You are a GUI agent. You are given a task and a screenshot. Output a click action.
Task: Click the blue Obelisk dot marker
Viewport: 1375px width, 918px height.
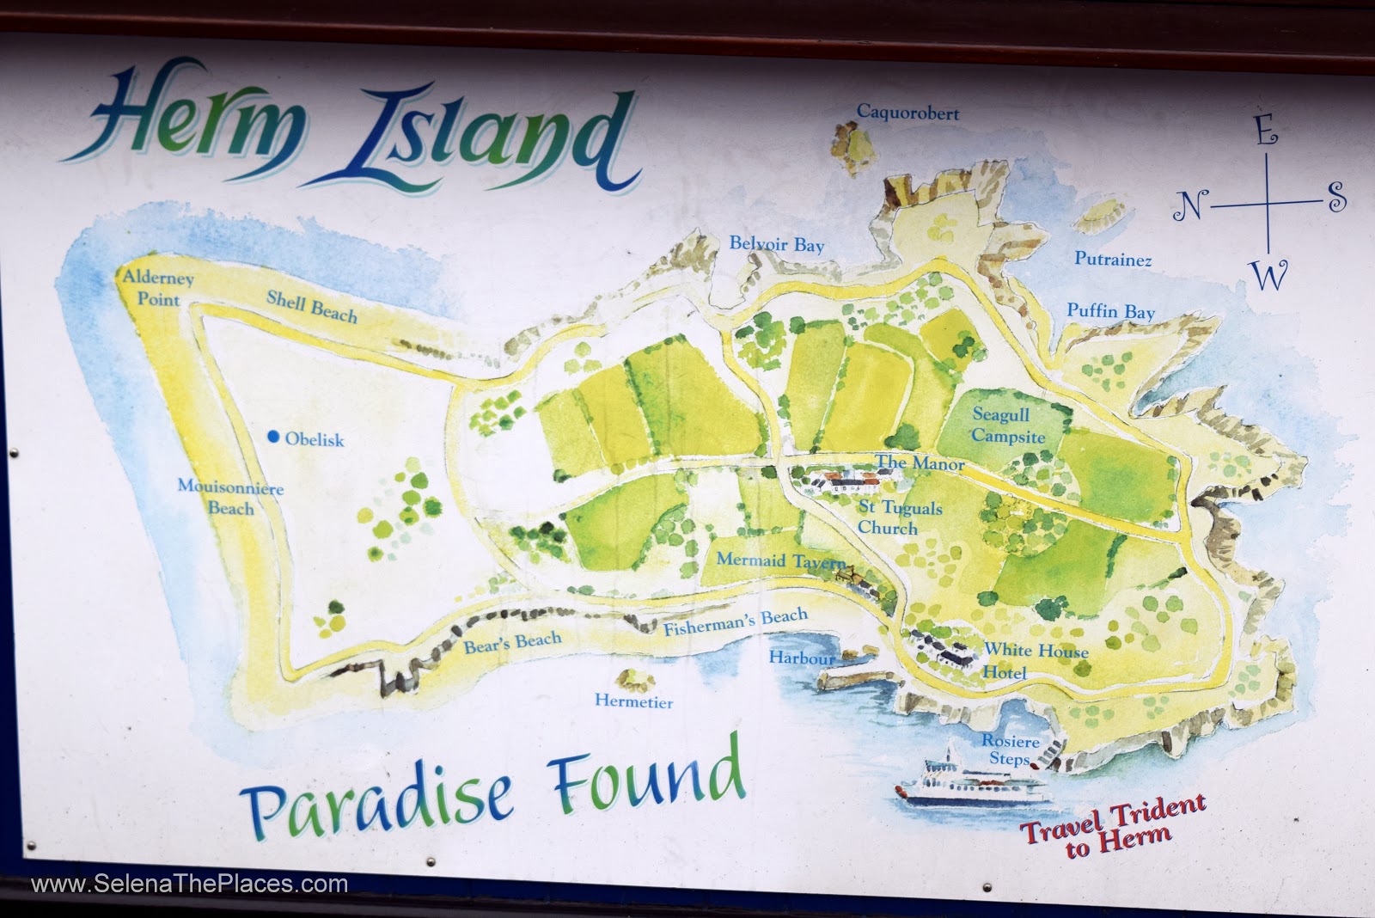273,438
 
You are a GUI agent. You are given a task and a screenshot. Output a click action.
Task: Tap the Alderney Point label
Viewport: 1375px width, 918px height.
158,289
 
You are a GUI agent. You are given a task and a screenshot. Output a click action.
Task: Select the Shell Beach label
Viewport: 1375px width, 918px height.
311,306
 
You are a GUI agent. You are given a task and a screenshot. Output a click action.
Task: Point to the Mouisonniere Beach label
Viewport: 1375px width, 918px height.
230,497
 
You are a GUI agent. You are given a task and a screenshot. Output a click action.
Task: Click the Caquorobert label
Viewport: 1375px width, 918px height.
907,113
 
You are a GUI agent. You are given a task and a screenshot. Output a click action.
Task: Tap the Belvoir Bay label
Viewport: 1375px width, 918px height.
776,244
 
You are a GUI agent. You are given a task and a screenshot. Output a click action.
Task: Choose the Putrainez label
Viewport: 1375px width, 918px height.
1113,259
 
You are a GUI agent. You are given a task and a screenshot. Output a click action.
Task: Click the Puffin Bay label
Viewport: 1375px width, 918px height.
1110,311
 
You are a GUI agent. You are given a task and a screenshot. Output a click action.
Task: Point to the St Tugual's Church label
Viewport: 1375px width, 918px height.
900,517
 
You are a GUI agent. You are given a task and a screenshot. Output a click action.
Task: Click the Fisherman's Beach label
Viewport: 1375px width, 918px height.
736,621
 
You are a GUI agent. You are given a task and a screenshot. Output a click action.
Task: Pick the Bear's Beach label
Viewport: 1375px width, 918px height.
512,642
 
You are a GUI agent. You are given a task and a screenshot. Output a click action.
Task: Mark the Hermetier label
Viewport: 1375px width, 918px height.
633,701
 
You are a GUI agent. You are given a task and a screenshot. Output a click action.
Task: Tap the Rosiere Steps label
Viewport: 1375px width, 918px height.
1011,750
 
